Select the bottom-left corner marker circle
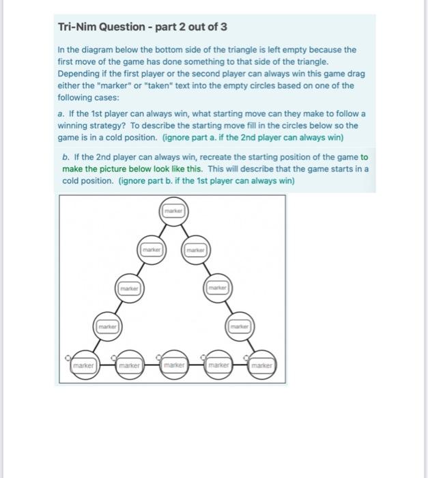click(x=83, y=367)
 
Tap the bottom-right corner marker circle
click(x=261, y=367)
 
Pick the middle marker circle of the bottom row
click(x=173, y=367)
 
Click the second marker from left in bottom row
click(x=128, y=367)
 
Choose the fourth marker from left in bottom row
click(x=219, y=367)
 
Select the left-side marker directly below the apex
click(x=150, y=250)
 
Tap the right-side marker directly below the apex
click(x=195, y=250)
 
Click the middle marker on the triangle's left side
click(x=128, y=288)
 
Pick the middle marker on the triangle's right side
click(x=218, y=288)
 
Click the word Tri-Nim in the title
click(x=77, y=27)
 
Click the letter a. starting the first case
click(x=61, y=113)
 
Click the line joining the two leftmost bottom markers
click(x=106, y=367)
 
